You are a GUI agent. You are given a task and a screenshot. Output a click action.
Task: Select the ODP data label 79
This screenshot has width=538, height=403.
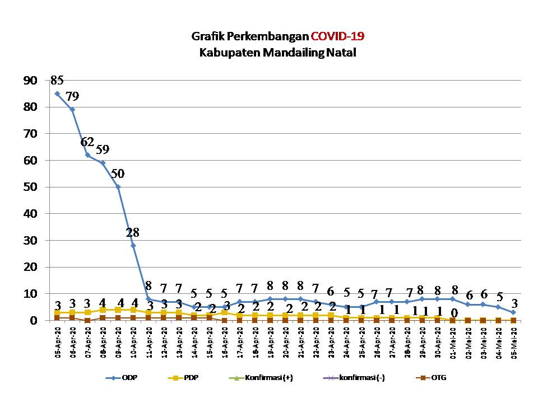tap(72, 96)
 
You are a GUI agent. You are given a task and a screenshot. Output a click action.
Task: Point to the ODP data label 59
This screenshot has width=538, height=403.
tap(103, 149)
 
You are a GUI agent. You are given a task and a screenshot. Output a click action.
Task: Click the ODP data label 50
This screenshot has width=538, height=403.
tap(118, 174)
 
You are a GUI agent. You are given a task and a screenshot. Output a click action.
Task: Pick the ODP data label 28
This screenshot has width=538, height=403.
tap(133, 232)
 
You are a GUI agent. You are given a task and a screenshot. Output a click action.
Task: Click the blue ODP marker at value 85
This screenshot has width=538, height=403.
tap(57, 93)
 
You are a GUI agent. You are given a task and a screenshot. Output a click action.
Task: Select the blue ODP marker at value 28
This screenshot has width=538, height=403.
tap(133, 245)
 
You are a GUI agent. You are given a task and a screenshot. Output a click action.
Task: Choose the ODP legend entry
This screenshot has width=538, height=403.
tap(123, 378)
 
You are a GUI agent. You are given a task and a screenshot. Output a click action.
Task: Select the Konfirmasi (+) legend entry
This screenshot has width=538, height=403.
tap(261, 378)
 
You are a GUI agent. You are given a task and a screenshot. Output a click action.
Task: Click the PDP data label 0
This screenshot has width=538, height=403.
tap(454, 313)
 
